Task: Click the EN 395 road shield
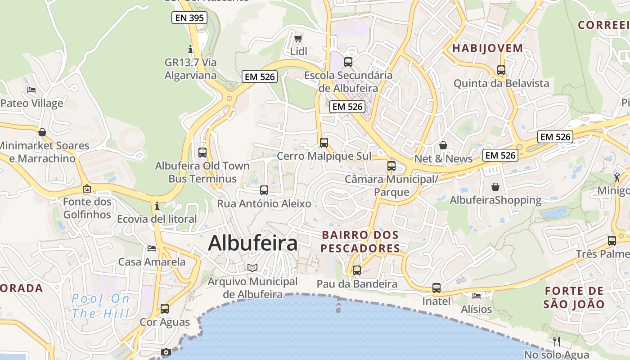click(189, 18)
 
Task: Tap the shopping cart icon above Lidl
click(298, 38)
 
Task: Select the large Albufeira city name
click(253, 243)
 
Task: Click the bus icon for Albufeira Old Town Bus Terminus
click(202, 152)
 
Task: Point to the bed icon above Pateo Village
click(31, 90)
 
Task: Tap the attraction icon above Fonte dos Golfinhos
click(87, 189)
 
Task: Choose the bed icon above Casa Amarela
click(152, 248)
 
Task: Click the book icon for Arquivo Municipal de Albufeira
click(252, 268)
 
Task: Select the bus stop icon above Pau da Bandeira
click(357, 270)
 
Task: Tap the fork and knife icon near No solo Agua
click(557, 341)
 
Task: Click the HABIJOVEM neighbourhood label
click(488, 48)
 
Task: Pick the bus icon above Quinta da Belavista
click(501, 70)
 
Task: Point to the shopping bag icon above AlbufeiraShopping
click(495, 186)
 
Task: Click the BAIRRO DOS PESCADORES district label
click(360, 242)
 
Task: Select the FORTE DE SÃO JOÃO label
click(574, 297)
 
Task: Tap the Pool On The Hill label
click(101, 306)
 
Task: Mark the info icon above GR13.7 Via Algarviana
click(190, 49)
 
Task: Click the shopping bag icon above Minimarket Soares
click(42, 132)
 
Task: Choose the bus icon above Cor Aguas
click(165, 309)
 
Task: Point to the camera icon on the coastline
click(166, 352)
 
